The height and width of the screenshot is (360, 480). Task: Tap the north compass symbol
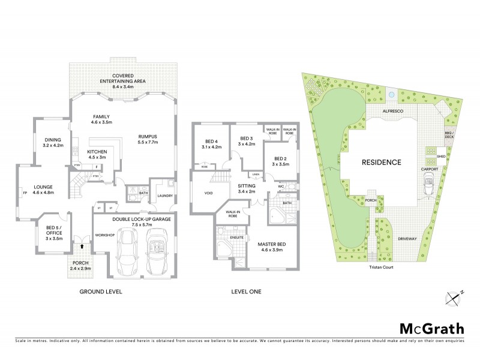(x=456, y=296)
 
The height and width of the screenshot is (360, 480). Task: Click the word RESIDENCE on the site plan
(x=380, y=162)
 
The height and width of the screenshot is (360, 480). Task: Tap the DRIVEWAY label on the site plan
(x=407, y=239)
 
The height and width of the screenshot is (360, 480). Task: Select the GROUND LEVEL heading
(x=101, y=292)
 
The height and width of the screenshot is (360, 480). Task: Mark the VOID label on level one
(x=199, y=193)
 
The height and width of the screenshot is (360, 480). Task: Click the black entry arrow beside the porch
(x=81, y=245)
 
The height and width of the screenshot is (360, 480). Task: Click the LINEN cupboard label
(x=256, y=175)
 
